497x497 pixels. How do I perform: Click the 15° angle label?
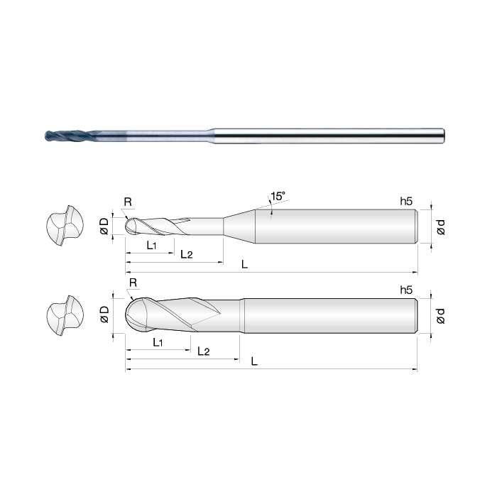278,196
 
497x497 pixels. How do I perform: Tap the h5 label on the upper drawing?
406,201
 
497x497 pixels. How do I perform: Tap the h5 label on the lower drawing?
406,290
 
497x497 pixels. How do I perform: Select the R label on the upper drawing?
128,202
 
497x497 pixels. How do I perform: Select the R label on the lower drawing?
133,283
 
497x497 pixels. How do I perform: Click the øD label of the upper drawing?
104,226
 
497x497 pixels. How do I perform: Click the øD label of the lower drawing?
104,315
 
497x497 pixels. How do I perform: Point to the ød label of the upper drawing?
441,227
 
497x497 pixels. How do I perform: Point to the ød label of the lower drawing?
441,316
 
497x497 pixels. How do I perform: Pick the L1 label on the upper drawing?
151,245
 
